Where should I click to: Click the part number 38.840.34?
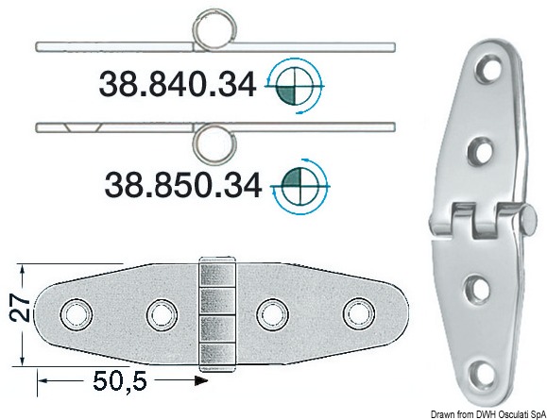coord(178,84)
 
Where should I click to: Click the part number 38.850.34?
coord(183,185)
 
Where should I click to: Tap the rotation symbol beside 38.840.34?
coord(295,86)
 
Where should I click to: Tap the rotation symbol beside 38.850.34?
coord(300,187)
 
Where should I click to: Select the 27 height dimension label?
coord(20,309)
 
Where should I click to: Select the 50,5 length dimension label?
coord(120,380)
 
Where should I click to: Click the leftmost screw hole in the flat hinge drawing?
coord(76,313)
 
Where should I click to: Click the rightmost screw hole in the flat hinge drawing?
coord(359,313)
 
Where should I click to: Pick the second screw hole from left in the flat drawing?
coord(162,314)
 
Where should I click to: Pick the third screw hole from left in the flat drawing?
coord(272,314)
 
